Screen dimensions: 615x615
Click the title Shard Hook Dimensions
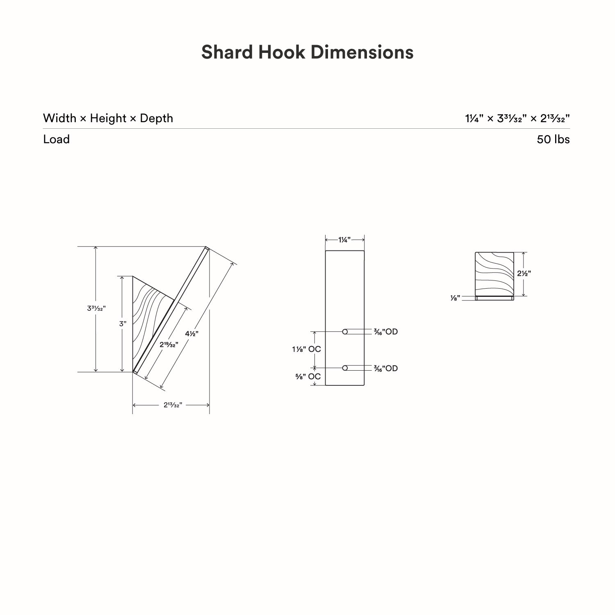coord(307,52)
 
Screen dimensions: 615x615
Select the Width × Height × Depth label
coord(108,118)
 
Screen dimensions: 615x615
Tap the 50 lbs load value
coord(553,139)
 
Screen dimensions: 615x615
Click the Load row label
coord(56,139)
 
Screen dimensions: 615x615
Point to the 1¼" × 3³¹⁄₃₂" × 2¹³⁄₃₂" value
coord(517,118)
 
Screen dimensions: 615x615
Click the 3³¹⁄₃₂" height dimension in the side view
coord(96,308)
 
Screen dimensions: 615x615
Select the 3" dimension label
coord(123,323)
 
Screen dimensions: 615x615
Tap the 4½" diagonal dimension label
coord(191,334)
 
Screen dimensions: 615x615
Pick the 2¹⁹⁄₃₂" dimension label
coord(169,345)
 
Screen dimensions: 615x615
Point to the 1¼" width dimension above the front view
coord(344,240)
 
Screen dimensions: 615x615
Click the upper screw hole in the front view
coord(345,332)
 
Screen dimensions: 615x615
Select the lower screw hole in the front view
coord(345,368)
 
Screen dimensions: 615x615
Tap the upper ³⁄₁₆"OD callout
coord(385,332)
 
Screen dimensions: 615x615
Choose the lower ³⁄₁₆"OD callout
coord(385,369)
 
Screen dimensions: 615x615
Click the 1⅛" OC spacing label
coord(306,349)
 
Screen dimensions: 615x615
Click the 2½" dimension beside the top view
coord(524,273)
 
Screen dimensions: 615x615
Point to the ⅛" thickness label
coord(455,298)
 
